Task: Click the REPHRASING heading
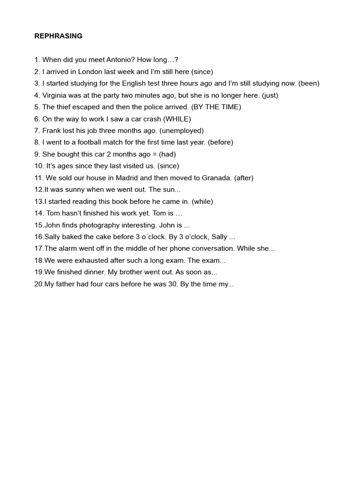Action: (58, 36)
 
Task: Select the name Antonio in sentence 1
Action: (120, 60)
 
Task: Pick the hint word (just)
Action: (270, 95)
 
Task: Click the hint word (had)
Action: (167, 154)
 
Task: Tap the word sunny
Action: (76, 189)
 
